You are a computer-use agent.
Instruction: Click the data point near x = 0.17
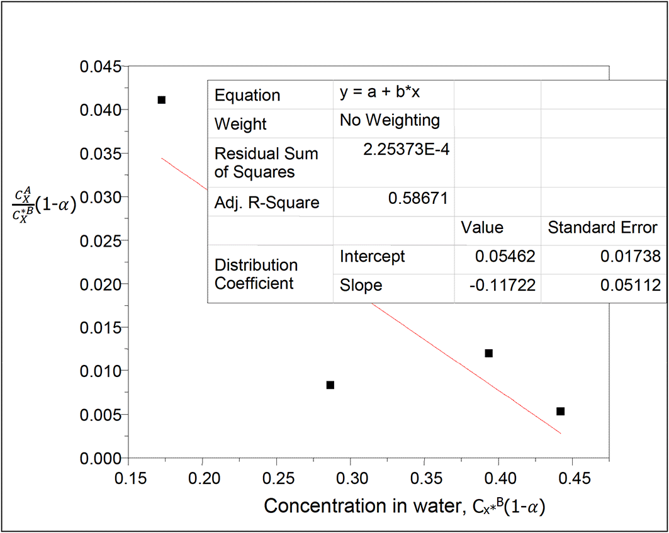coord(161,100)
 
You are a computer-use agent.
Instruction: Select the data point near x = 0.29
coord(330,385)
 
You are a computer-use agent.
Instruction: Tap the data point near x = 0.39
coord(488,353)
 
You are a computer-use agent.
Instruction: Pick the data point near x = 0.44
coord(560,412)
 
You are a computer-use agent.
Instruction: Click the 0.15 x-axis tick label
coord(129,479)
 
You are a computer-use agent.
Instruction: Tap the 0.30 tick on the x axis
coord(351,479)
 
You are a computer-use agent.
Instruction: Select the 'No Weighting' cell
coord(390,120)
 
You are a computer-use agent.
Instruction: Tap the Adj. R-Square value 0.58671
coord(418,199)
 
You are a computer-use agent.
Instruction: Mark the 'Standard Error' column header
coord(602,227)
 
